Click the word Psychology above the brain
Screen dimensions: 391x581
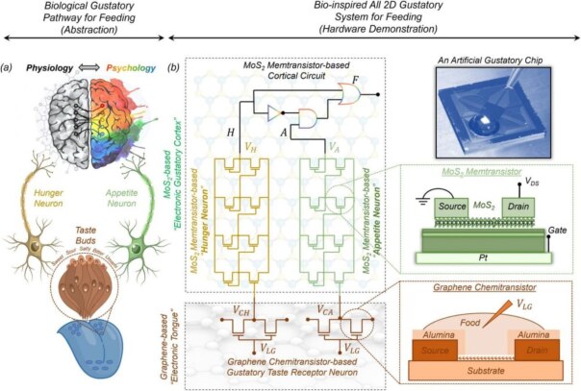click(x=132, y=68)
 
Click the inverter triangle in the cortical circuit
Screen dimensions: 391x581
click(x=275, y=112)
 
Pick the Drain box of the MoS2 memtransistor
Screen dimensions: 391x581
click(x=518, y=206)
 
